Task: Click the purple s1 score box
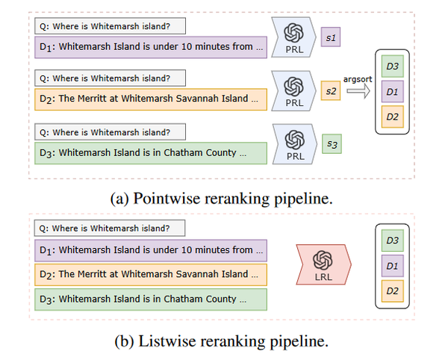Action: pos(331,37)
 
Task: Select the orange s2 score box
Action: pos(331,90)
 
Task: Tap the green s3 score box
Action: pos(332,143)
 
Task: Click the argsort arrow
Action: pos(358,91)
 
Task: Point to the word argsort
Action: pos(358,79)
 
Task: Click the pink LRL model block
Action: pos(323,264)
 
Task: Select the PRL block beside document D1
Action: pos(293,37)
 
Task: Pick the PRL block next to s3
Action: pos(295,144)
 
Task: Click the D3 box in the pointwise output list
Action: pos(393,66)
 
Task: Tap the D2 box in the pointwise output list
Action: pos(393,117)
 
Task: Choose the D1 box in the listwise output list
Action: pos(393,266)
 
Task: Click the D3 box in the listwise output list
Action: pos(393,240)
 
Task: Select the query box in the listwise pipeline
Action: pos(110,228)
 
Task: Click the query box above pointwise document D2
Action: pos(110,78)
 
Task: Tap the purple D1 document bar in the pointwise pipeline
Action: pos(151,47)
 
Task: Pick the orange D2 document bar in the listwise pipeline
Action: pos(151,275)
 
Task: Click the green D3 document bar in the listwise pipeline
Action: pos(151,300)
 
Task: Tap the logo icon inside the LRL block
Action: pos(323,260)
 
